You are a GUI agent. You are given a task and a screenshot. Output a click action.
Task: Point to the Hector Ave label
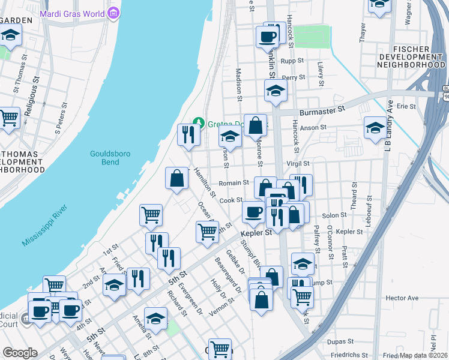tap(402, 298)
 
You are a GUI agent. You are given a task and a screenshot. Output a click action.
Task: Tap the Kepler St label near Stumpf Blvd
tap(257, 233)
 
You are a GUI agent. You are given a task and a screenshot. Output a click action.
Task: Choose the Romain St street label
tap(234, 182)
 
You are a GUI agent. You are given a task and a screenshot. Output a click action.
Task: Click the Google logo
tap(20, 353)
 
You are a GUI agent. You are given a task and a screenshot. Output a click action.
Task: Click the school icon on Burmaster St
tap(276, 90)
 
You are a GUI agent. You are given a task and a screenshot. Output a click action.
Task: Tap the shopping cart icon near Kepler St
tap(207, 231)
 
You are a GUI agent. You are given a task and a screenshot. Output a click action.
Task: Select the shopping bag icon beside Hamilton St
tap(177, 178)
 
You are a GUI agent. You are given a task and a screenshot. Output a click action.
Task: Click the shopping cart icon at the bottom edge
tap(220, 349)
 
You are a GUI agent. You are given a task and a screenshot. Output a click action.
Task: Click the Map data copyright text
tap(424, 355)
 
